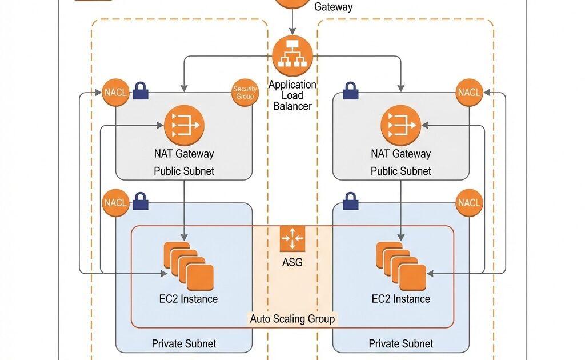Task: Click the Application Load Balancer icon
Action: tap(292, 55)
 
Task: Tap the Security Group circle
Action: tap(245, 93)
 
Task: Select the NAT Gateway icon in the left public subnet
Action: tap(184, 125)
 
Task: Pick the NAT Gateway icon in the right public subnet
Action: tap(400, 125)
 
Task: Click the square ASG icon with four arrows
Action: tap(292, 239)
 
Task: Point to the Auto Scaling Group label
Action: tap(292, 319)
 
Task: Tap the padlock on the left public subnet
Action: tap(141, 90)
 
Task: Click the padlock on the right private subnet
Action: tap(350, 201)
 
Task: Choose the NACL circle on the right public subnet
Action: tap(470, 93)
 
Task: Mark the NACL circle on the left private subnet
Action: tap(115, 203)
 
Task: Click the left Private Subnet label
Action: tap(184, 344)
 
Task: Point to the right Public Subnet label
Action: tap(400, 171)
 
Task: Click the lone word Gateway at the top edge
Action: tap(334, 7)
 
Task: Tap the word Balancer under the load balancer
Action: tap(292, 106)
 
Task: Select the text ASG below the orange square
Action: tap(292, 263)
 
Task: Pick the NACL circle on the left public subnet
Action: tap(115, 93)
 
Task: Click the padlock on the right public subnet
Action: tap(350, 90)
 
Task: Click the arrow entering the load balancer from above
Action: tap(292, 26)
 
